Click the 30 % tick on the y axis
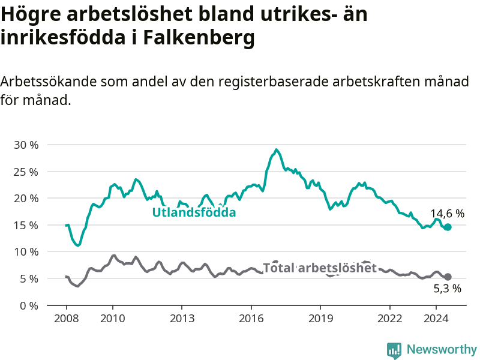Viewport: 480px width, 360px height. (26, 145)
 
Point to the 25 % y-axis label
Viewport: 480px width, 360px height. (26, 172)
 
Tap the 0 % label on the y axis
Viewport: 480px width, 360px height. (29, 306)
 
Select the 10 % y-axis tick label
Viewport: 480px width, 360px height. (26, 252)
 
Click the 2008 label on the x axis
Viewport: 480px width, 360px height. (67, 319)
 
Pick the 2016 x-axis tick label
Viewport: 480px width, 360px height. (251, 319)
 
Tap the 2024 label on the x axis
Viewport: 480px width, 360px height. (436, 319)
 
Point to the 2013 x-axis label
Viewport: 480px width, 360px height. (182, 319)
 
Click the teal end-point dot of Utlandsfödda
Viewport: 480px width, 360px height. (448, 227)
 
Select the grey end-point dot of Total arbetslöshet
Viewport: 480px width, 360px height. (448, 277)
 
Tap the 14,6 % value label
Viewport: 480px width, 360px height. (447, 214)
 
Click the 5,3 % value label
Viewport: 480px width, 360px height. (447, 289)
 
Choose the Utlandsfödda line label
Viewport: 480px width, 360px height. (194, 212)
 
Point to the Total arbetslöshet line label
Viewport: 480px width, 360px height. (320, 268)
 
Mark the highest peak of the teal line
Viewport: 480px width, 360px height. (276, 149)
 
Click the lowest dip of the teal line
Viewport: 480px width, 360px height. (79, 245)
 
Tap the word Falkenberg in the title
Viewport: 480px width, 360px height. (199, 38)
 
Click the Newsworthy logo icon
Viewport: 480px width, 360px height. (394, 350)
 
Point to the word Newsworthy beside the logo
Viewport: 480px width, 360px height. (442, 349)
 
